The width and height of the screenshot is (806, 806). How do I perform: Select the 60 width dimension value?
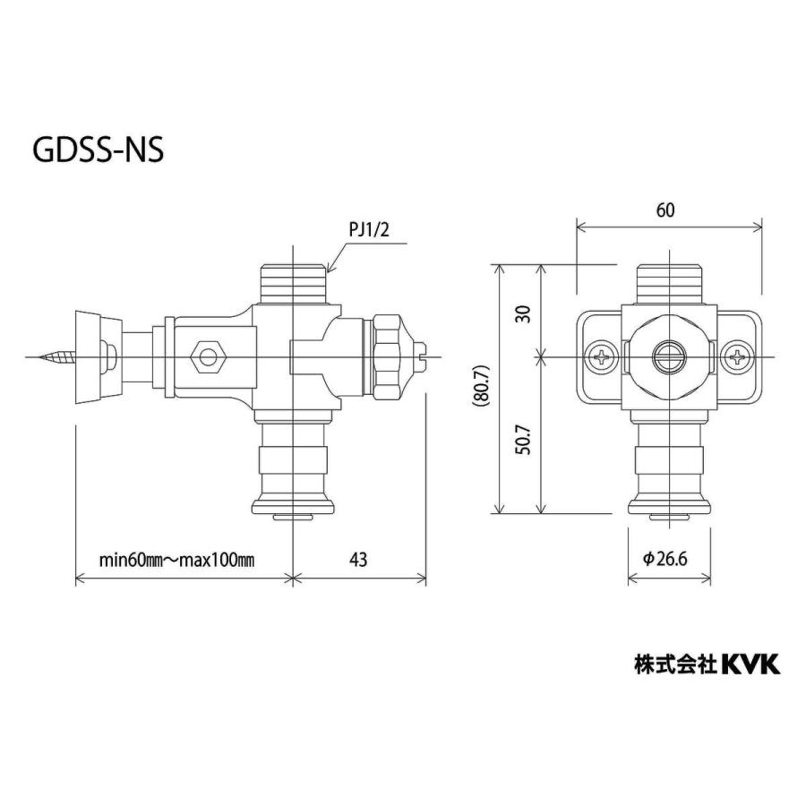[665, 210]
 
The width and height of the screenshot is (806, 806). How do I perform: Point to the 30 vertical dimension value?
[524, 313]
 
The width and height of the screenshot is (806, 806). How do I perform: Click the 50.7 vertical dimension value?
[524, 439]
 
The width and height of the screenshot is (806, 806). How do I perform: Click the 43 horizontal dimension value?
[357, 559]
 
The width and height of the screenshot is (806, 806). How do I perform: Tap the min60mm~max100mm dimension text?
[176, 560]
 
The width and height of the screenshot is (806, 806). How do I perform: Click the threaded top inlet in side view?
[294, 282]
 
